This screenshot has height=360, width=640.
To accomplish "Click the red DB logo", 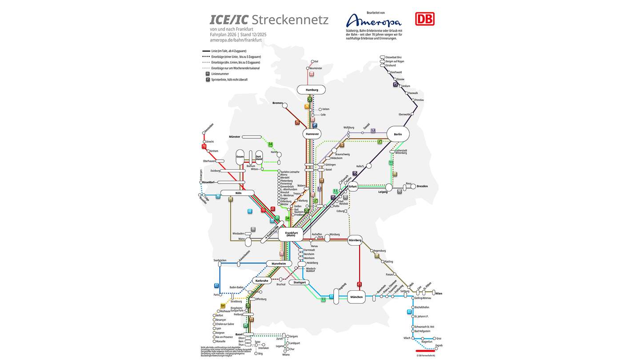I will tap(424, 19).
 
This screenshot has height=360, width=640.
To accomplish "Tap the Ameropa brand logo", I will tap(373, 20).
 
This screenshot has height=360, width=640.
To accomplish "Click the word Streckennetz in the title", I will tap(290, 20).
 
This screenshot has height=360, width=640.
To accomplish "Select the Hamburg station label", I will tap(312, 90).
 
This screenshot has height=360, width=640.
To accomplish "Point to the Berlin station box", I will tap(398, 134).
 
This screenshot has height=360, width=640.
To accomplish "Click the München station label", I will tap(356, 297).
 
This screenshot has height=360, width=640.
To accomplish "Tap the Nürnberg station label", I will tap(355, 240).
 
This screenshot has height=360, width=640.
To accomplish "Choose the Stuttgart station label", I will tap(300, 282).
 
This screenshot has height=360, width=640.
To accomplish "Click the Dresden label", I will tap(422, 186).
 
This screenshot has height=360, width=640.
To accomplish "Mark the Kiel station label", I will tap(316, 61).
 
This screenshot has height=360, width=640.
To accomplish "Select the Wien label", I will tap(439, 293).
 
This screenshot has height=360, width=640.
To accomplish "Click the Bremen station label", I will tap(277, 103).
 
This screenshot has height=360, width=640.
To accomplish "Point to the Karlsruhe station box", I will tap(261, 280).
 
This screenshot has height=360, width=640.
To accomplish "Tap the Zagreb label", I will tap(439, 345).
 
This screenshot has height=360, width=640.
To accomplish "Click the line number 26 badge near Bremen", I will tap(297, 122).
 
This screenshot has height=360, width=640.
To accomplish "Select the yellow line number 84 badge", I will tap(223, 306).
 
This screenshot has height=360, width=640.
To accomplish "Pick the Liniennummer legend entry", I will tap(218, 74).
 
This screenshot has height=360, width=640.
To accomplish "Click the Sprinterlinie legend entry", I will tap(229, 80).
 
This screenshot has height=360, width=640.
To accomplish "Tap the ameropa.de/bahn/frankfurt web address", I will tap(236, 40).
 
